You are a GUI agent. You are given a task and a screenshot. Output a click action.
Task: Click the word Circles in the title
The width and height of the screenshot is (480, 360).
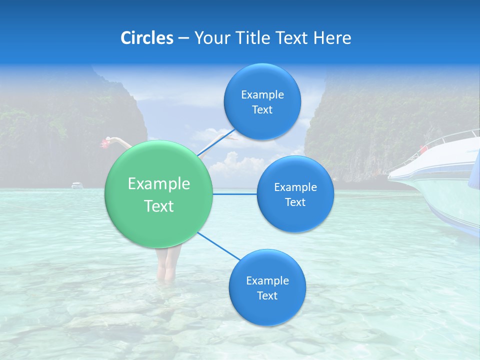147,38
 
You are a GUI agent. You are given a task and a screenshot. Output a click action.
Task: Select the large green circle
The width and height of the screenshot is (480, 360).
159,194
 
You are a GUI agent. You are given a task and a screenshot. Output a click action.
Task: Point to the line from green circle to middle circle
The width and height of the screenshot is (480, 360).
235,194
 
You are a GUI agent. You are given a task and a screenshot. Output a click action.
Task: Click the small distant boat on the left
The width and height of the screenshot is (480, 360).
76,185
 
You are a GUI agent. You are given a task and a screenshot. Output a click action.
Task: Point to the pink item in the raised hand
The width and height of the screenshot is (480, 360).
105,143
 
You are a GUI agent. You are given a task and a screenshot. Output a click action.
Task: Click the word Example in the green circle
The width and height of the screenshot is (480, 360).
159,184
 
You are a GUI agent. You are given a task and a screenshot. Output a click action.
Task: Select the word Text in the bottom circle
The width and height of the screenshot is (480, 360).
267,295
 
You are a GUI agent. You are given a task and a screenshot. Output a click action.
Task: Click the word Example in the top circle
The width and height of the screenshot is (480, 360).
262,94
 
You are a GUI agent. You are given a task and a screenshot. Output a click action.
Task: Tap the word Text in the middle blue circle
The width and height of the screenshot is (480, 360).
295,202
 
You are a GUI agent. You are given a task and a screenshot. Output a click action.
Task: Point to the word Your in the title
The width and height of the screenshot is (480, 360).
210,38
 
